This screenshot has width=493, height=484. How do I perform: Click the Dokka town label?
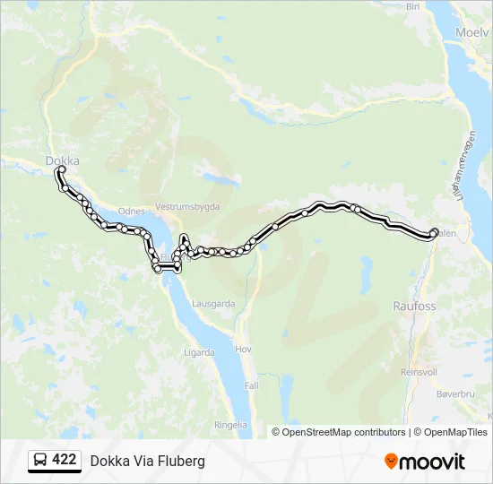click(x=62, y=161)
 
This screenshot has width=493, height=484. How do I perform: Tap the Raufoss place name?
click(x=414, y=306)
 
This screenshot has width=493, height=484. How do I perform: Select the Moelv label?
click(x=471, y=32)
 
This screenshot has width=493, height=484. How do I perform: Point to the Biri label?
click(x=413, y=6)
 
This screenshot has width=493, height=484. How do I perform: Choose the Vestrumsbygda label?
click(x=186, y=205)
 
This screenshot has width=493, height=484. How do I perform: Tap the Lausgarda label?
click(x=213, y=304)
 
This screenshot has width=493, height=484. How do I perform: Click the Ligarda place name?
click(x=198, y=352)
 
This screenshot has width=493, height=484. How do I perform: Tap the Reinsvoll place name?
click(x=419, y=371)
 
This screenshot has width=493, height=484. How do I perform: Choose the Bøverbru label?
click(x=454, y=393)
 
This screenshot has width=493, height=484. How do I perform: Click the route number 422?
click(x=64, y=460)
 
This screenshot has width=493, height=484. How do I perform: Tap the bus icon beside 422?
click(x=41, y=460)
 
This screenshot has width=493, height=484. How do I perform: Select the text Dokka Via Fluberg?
click(x=147, y=461)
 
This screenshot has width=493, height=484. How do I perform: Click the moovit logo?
click(x=425, y=461)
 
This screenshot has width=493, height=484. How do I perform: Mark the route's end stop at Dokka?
click(x=62, y=169)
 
